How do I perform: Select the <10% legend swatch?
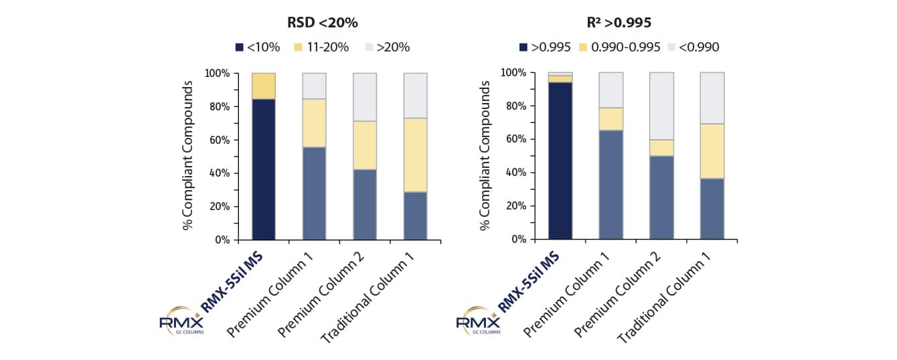coord(239,47)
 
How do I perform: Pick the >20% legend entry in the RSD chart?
coord(386,47)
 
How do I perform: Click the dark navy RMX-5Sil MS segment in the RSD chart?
coord(264,169)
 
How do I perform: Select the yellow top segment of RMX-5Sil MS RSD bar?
coord(264,86)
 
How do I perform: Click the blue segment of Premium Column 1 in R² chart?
coord(610,184)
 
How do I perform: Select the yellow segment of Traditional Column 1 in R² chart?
coord(712,151)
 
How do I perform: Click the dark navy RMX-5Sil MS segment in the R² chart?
coord(560,161)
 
